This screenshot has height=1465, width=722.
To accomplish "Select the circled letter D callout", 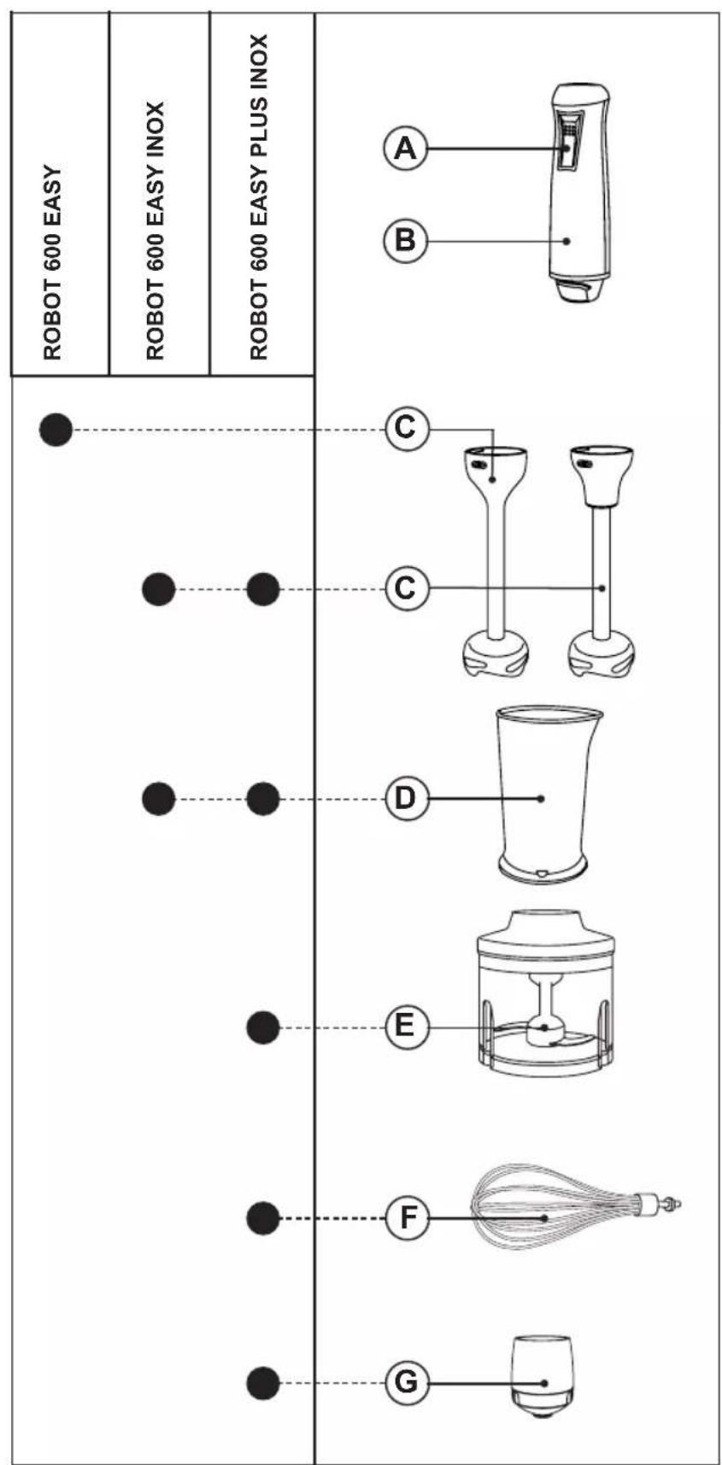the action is (x=405, y=799).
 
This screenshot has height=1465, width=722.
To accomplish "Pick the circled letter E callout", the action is (x=405, y=1026).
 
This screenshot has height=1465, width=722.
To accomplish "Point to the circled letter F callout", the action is (x=406, y=1217).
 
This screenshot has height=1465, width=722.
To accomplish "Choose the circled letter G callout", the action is (x=406, y=1381).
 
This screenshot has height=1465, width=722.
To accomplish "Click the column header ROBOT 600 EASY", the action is (x=53, y=261).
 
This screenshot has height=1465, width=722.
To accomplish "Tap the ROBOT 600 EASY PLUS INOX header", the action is (x=259, y=196).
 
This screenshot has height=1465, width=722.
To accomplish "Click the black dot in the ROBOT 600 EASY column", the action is (x=56, y=428).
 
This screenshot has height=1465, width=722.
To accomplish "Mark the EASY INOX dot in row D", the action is (x=158, y=800).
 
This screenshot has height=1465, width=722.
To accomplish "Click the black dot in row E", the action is (x=262, y=1027).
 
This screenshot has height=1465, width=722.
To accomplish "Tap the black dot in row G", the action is (x=262, y=1382).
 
